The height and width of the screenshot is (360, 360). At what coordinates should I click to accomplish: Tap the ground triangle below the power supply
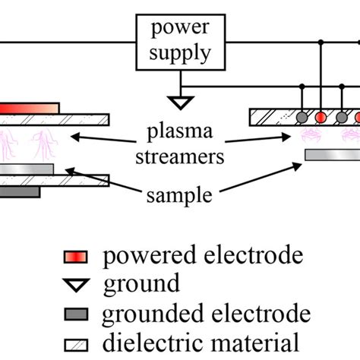(x=180, y=99)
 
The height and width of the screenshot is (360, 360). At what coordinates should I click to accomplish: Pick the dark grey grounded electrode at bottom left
(x=20, y=193)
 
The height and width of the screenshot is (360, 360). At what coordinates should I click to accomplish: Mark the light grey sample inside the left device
(x=27, y=168)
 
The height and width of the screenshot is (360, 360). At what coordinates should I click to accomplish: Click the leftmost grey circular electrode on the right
(x=302, y=118)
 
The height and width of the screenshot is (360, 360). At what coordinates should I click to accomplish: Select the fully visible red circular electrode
(x=321, y=118)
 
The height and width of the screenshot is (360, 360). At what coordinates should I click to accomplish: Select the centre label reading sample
(x=180, y=195)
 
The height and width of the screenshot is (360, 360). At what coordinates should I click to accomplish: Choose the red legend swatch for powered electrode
(x=77, y=255)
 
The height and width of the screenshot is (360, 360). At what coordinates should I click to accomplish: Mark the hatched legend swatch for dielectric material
(x=77, y=341)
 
